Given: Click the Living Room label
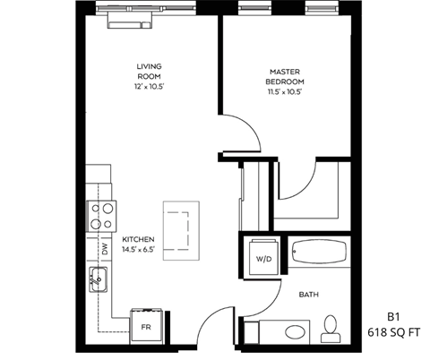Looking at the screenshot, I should (149, 72).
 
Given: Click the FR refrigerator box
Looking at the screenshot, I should (146, 325).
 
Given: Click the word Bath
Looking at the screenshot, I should (309, 293).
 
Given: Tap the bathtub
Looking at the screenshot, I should (318, 253).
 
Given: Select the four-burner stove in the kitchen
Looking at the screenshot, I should (100, 215).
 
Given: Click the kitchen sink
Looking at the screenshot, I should (97, 279).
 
